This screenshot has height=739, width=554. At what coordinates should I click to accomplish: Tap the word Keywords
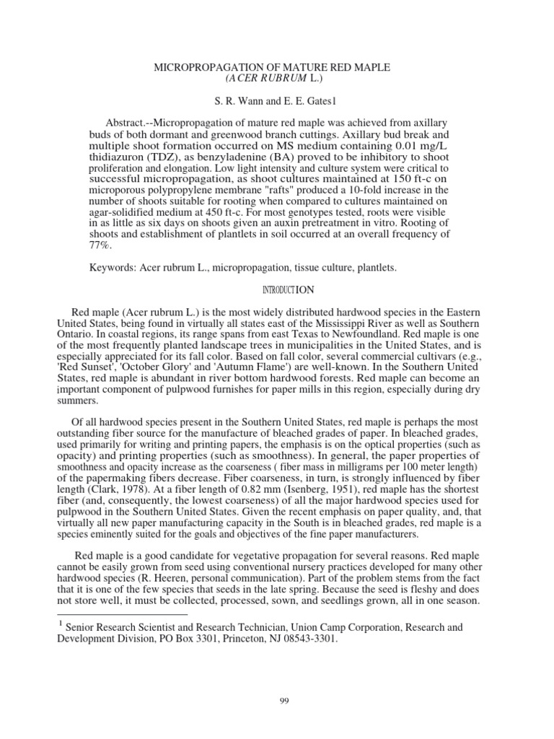112,268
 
